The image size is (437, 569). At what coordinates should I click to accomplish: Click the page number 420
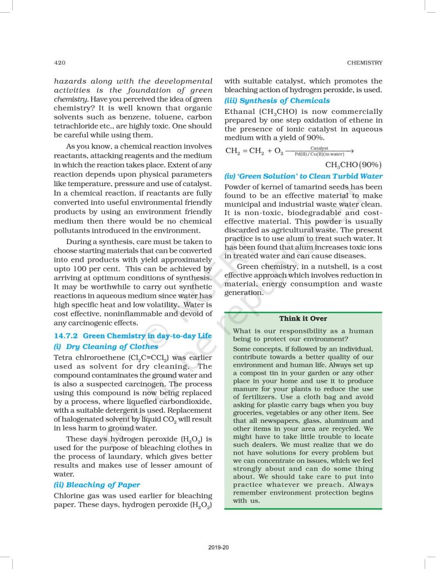tap(60, 63)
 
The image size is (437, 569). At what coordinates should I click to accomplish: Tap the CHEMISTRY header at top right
tap(364, 63)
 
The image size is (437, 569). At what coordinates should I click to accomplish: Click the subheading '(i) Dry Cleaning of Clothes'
tap(106, 346)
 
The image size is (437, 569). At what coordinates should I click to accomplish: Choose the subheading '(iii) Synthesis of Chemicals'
tap(277, 101)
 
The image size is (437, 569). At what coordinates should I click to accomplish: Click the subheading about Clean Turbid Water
tap(303, 176)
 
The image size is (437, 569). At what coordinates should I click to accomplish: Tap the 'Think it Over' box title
tap(303, 318)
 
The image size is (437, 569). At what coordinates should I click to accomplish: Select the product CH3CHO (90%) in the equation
tap(354, 165)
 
